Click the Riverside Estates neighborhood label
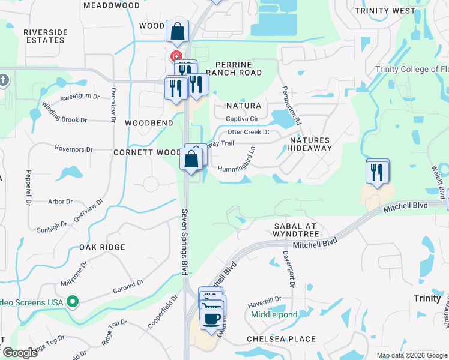44,35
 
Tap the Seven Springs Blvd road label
185,242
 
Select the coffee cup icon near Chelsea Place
211,319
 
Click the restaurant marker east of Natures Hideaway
378,173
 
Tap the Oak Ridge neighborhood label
102,247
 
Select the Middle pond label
274,314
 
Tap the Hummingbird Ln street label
237,164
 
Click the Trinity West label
393,11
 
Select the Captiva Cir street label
242,119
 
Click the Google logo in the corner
19,353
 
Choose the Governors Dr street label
73,149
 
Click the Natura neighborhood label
243,106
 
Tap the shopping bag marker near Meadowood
178,32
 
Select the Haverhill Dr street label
265,301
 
